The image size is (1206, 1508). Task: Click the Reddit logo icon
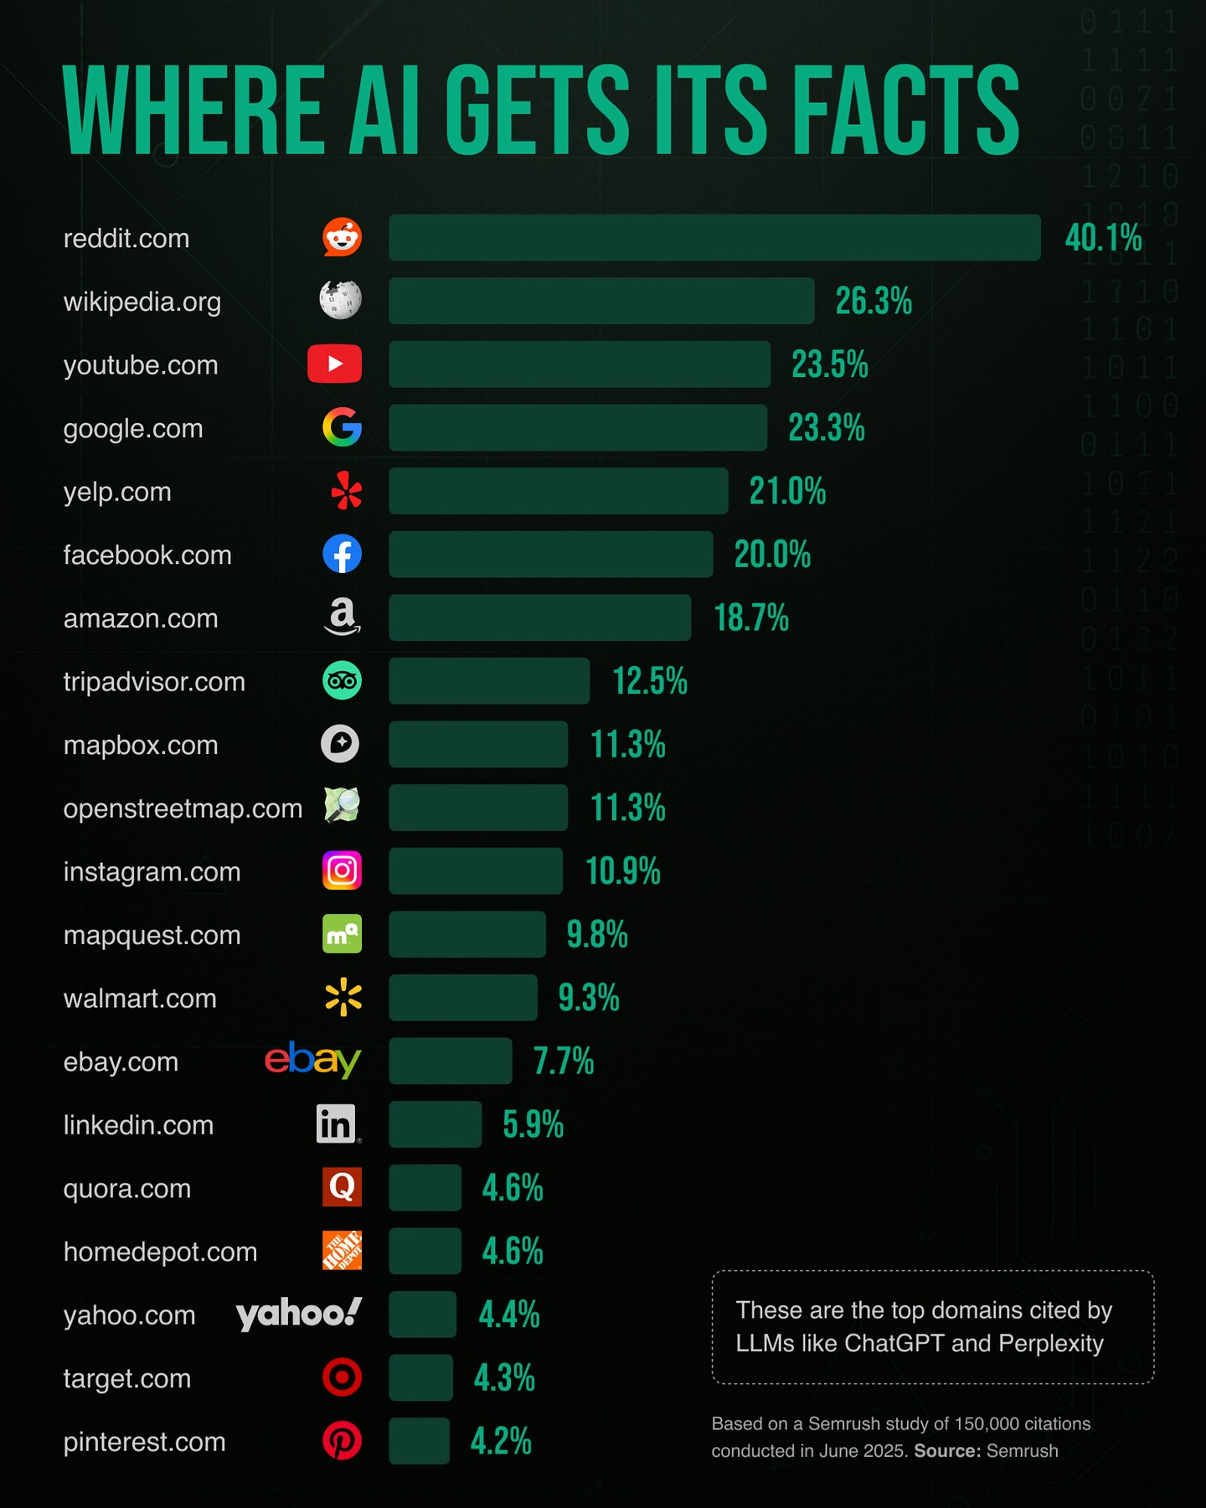tap(342, 238)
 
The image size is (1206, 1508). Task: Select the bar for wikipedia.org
tap(601, 301)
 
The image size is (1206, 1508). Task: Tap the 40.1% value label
tap(1103, 238)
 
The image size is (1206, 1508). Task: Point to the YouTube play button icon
tap(334, 364)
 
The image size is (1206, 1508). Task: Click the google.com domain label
tap(133, 429)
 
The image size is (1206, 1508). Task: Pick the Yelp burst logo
tap(346, 491)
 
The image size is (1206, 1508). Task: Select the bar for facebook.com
tap(550, 554)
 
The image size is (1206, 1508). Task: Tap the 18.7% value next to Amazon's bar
tap(751, 618)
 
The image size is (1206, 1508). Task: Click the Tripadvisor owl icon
tap(342, 680)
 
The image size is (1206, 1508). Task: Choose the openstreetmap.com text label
tap(183, 808)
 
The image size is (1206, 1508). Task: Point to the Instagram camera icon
tap(342, 870)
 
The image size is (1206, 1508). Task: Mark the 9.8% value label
tap(597, 934)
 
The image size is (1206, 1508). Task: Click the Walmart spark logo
tap(343, 997)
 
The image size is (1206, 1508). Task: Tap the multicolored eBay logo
tap(312, 1060)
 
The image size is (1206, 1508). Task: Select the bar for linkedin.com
tap(435, 1124)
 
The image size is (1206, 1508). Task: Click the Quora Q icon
tap(342, 1187)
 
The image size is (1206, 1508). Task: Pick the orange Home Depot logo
tap(342, 1251)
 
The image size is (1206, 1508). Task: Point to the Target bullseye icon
tap(342, 1377)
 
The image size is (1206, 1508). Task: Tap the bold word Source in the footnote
tap(946, 1451)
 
